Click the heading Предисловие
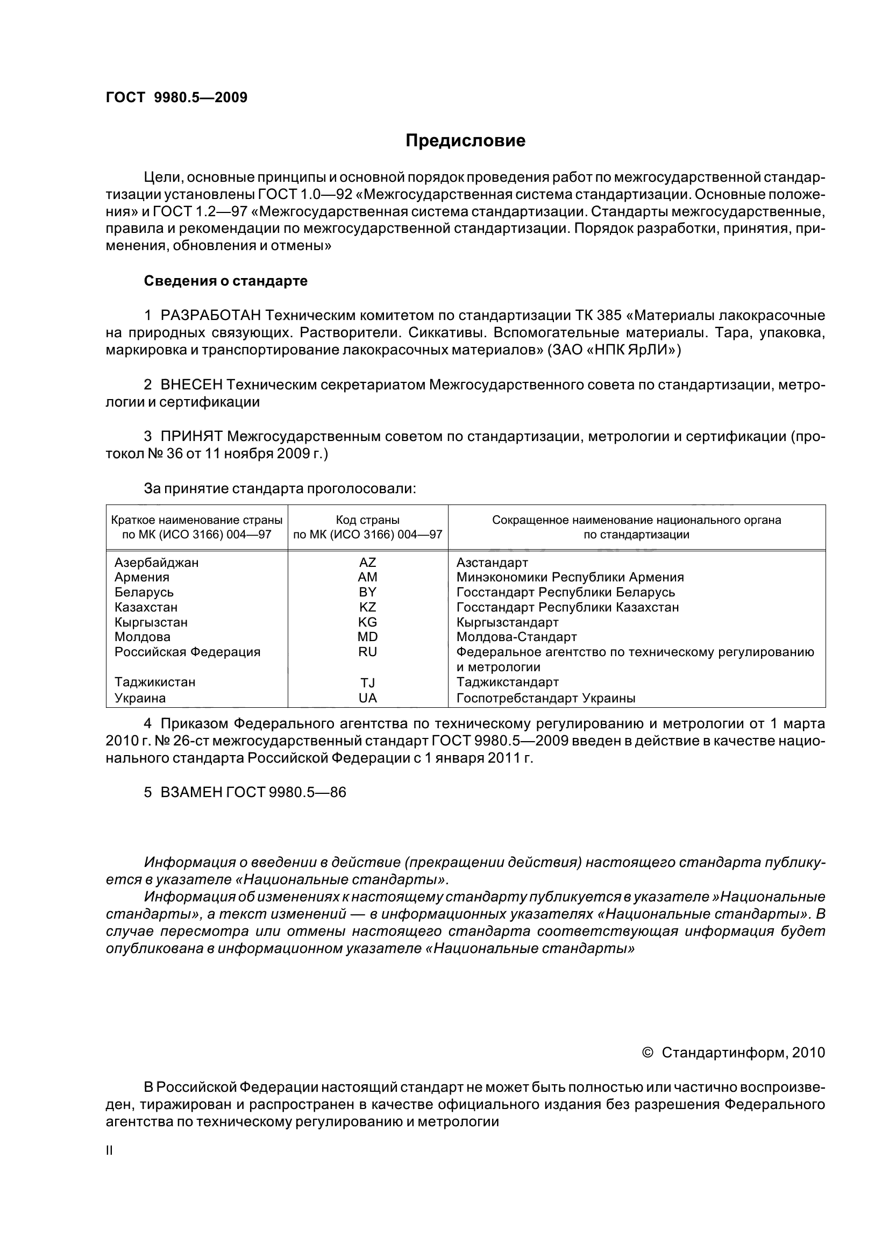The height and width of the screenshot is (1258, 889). [x=465, y=141]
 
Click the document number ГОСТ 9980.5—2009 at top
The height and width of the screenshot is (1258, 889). [x=176, y=97]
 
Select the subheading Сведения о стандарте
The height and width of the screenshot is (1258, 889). [x=226, y=281]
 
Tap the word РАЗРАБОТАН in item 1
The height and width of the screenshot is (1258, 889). [x=210, y=316]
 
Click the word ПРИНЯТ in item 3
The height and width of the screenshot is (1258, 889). [x=191, y=437]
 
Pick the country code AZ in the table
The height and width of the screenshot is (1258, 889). [x=367, y=562]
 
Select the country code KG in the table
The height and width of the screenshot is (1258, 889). [x=367, y=622]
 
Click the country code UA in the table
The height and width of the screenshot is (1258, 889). [x=367, y=698]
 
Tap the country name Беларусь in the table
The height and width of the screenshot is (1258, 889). [x=144, y=592]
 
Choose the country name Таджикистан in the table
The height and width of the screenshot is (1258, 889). [x=155, y=682]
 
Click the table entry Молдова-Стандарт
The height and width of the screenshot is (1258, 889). [x=516, y=637]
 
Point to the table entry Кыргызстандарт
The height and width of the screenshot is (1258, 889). [x=507, y=622]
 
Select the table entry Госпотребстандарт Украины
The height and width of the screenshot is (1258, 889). [x=545, y=698]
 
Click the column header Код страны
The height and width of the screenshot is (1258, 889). [x=367, y=520]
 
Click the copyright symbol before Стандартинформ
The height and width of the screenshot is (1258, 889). [x=648, y=1053]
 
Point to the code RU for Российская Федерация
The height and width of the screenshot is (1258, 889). [x=367, y=652]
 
